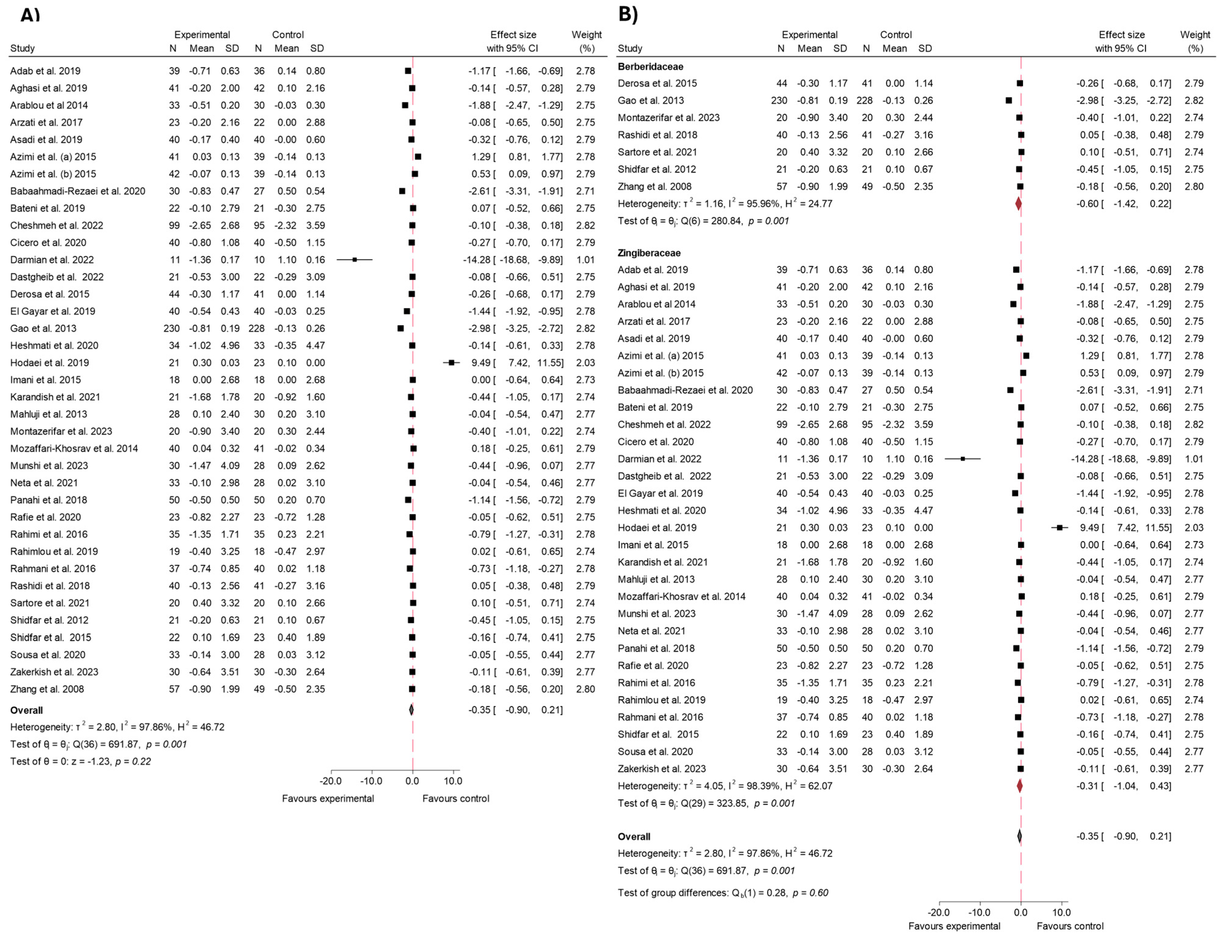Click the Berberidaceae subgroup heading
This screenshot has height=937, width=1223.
click(x=650, y=66)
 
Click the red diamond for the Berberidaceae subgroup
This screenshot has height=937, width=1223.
click(x=1018, y=204)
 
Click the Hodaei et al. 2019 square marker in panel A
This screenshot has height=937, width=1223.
click(x=451, y=363)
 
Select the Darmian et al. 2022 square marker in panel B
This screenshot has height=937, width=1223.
click(x=963, y=459)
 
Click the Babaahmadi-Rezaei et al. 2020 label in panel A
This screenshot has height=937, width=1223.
click(x=78, y=191)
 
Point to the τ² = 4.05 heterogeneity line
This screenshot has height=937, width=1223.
click(x=725, y=786)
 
